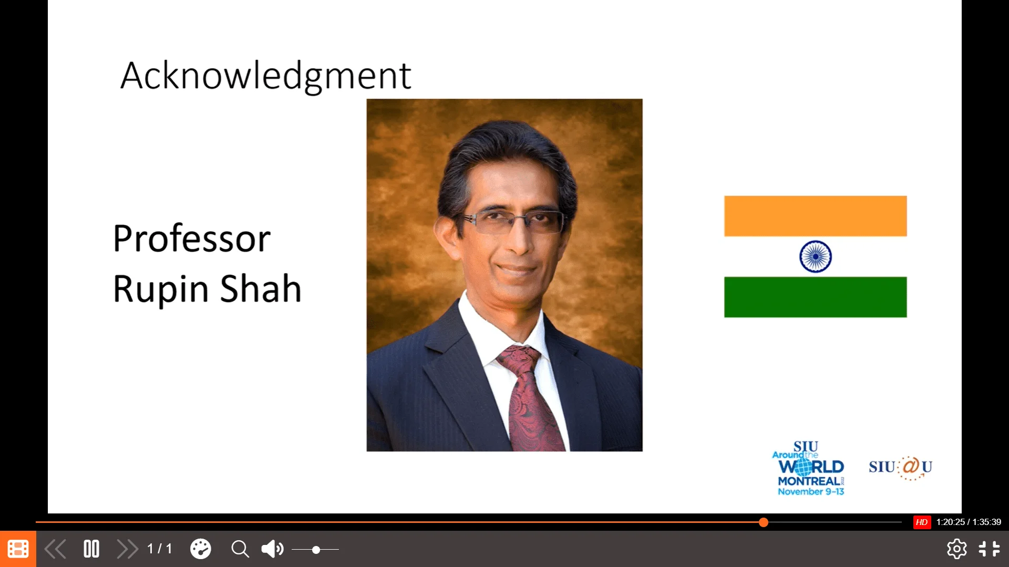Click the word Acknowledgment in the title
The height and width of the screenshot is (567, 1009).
265,77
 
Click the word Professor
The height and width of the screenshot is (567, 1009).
192,239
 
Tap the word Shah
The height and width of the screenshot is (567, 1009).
261,288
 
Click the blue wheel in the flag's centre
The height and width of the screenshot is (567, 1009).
815,256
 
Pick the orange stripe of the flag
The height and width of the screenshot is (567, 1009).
815,216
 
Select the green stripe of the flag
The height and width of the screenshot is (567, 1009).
815,297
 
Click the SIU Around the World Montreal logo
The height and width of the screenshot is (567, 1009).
809,468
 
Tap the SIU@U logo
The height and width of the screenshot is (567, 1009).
900,467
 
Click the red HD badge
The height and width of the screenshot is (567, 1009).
922,522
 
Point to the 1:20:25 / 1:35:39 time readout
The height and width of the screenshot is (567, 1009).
969,522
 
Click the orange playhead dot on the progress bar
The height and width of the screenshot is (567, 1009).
764,522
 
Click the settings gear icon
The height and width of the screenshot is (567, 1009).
956,549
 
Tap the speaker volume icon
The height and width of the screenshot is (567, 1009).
272,549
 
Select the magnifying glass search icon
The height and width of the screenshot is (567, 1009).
240,549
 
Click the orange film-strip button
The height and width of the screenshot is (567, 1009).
18,549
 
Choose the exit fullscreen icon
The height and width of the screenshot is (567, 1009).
989,549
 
